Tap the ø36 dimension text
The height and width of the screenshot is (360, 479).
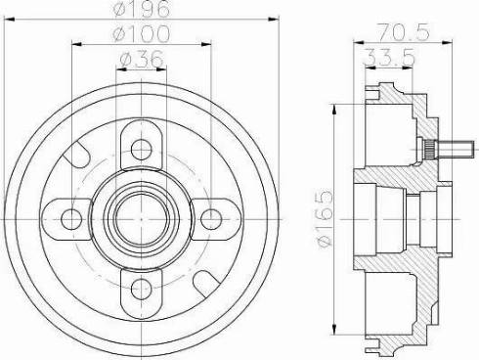(141, 61)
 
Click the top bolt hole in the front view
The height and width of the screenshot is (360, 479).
(141, 148)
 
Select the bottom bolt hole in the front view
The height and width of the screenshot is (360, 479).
(141, 287)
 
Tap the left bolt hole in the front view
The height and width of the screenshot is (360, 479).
(72, 217)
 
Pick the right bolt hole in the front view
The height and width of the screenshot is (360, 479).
(210, 217)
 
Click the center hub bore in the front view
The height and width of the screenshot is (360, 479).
(141, 217)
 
